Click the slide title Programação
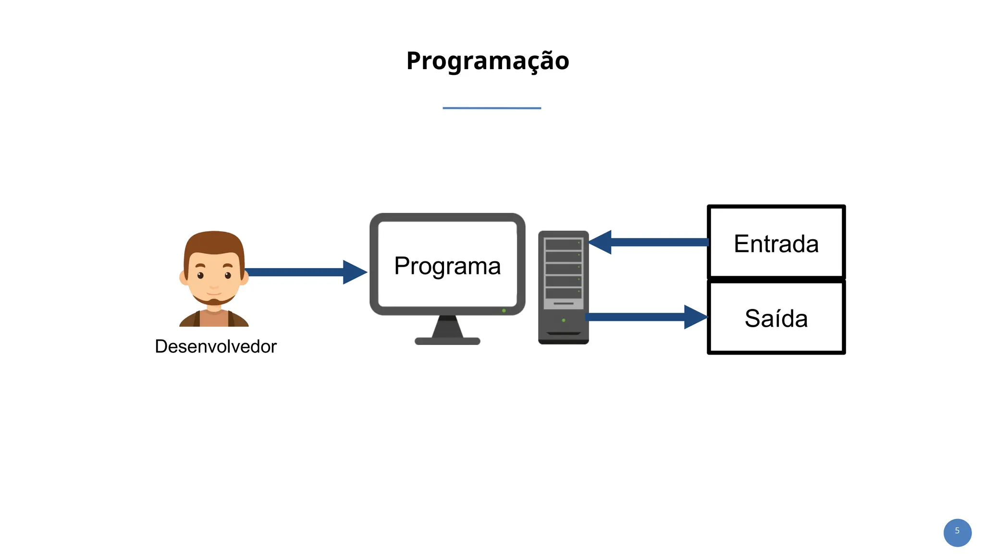488,61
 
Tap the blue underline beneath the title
492,108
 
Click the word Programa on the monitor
447,266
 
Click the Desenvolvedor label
216,346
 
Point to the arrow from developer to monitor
298,272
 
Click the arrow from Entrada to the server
658,242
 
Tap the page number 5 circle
957,532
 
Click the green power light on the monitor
504,311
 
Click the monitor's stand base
447,341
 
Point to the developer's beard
214,301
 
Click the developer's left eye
200,275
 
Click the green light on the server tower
564,320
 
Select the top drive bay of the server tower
563,245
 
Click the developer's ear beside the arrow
245,277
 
